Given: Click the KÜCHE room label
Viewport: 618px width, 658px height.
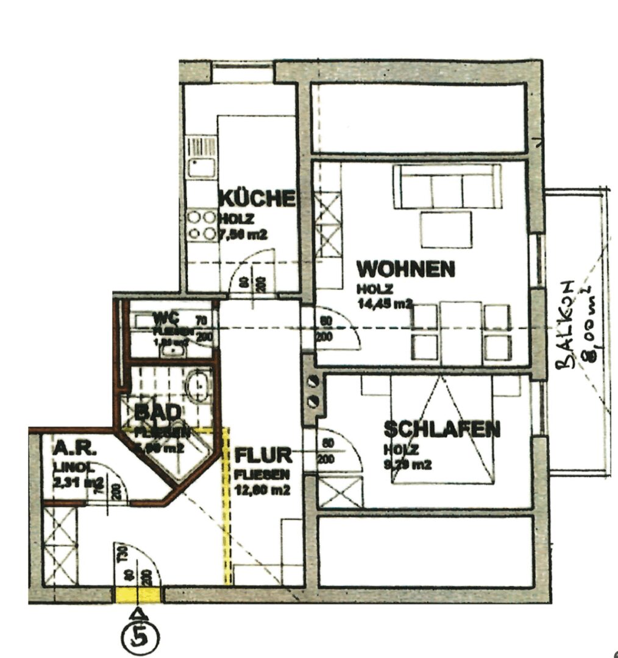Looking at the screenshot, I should pos(257,199).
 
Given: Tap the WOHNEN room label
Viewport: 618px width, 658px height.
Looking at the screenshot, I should pos(406,269).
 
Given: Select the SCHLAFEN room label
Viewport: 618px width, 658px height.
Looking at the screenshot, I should pos(442,430).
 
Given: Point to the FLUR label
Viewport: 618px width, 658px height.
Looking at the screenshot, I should pos(263,456).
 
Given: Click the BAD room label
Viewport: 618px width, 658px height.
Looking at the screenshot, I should pos(149,412).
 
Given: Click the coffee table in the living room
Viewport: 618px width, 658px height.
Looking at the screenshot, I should pos(446,229).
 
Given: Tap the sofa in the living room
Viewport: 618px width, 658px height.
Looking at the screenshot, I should pos(447,186).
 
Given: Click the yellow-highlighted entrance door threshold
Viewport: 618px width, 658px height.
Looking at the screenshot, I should pos(139,595).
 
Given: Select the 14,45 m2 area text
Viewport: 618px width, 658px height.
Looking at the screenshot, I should pos(386,303).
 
